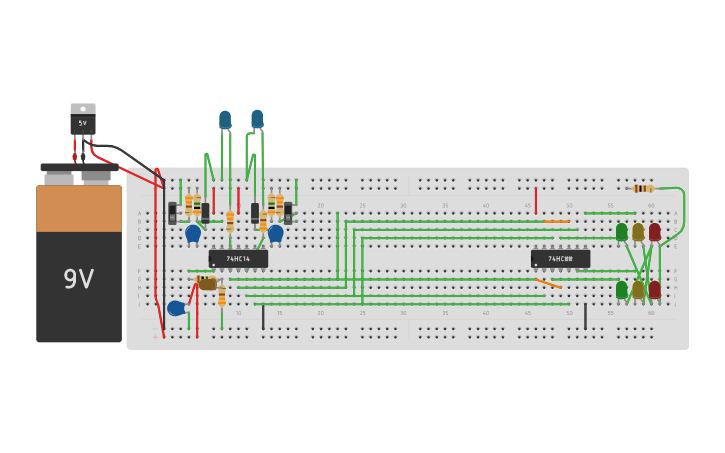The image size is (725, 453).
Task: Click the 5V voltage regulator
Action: click(x=83, y=120)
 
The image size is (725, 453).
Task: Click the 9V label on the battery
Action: click(x=78, y=279)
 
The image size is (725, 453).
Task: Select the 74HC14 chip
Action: click(x=238, y=259)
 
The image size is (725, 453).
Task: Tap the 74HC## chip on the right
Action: click(x=560, y=259)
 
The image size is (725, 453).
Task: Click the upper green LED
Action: click(x=622, y=232)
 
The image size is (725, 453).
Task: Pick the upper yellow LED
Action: click(x=638, y=232)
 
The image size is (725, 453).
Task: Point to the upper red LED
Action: click(x=655, y=232)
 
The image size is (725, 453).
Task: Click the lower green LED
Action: click(x=622, y=289)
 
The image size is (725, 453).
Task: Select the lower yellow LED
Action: click(x=638, y=290)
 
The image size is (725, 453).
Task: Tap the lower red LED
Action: click(x=655, y=289)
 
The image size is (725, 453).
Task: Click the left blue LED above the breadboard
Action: click(x=225, y=120)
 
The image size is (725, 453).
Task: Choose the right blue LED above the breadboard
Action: click(x=257, y=119)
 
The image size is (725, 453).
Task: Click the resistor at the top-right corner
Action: click(x=643, y=188)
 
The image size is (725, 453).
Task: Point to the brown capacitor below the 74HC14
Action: click(x=207, y=284)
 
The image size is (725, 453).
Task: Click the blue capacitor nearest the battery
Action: click(x=176, y=308)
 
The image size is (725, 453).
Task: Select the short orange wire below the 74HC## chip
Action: click(x=548, y=283)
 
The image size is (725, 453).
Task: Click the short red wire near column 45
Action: click(x=536, y=200)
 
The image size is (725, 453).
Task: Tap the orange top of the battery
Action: click(x=79, y=208)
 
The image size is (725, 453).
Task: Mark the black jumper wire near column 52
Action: click(x=585, y=316)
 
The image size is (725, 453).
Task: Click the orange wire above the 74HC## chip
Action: click(x=557, y=221)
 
